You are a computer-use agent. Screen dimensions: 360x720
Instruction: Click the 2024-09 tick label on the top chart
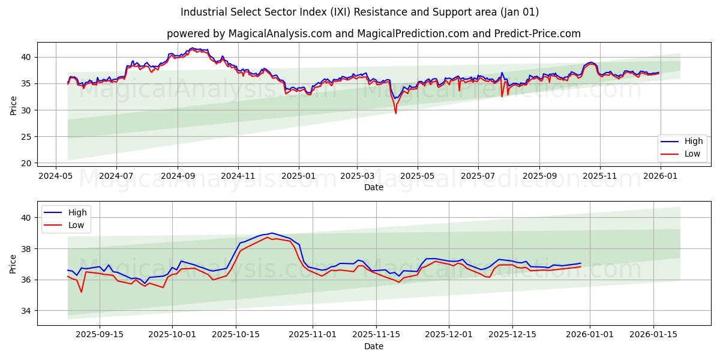click(178, 176)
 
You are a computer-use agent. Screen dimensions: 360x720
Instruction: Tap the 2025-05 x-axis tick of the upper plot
click(417, 176)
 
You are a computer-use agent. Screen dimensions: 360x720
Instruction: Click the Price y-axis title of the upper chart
click(14, 105)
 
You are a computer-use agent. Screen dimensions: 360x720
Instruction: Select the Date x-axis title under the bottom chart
click(373, 346)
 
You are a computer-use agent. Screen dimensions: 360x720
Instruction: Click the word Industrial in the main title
click(203, 12)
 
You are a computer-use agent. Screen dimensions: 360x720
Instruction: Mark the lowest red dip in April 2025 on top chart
click(395, 113)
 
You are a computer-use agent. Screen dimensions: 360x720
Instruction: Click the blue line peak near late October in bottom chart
click(272, 233)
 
